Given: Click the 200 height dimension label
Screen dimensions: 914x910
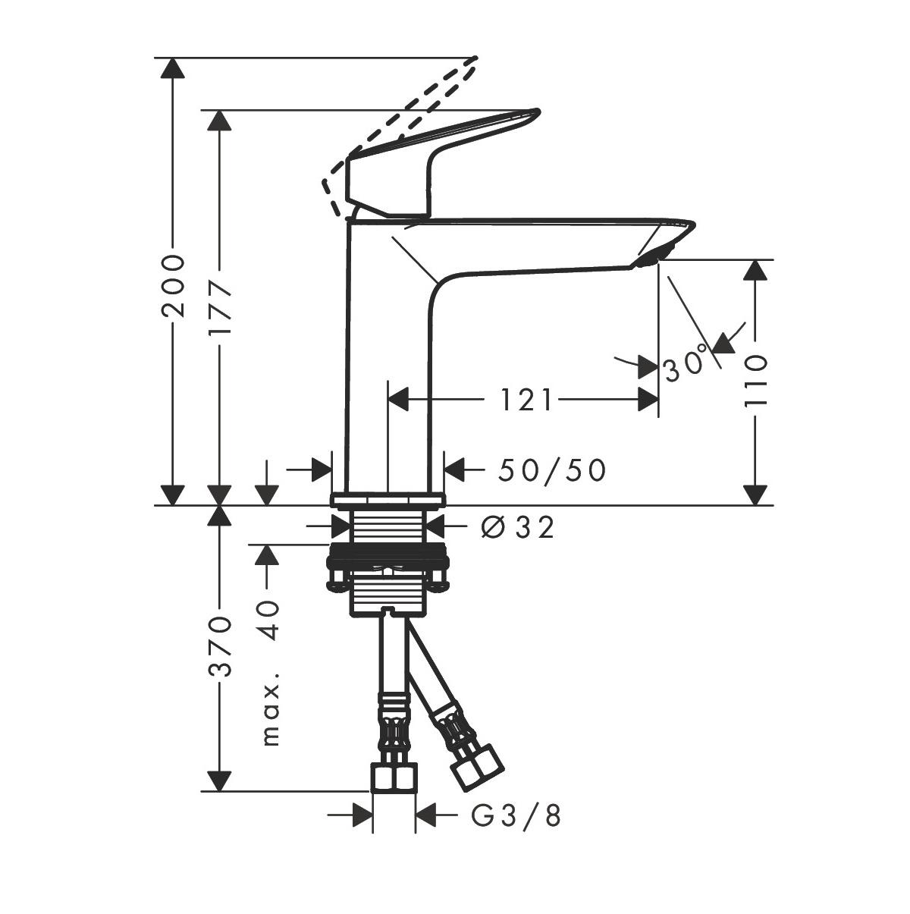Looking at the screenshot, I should [x=174, y=286].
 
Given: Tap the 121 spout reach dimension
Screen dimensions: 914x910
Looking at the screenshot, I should [x=526, y=399].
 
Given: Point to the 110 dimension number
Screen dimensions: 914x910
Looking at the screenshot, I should [x=755, y=381].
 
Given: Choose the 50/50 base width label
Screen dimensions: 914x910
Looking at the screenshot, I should [x=552, y=470].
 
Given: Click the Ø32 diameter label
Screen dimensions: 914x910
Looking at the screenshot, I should [x=519, y=526].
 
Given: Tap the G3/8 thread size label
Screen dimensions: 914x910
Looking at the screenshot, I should [x=516, y=816].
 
